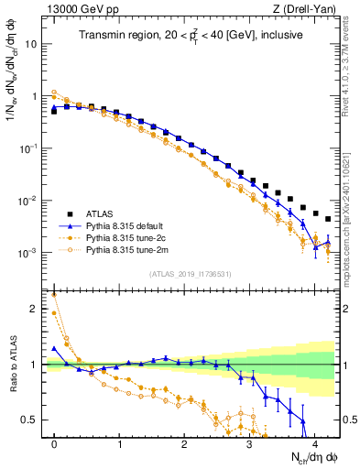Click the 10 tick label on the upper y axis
(x=34, y=43)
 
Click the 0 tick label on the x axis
(x=54, y=443)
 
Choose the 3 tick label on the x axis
(x=249, y=443)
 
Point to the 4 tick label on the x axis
(x=314, y=443)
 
